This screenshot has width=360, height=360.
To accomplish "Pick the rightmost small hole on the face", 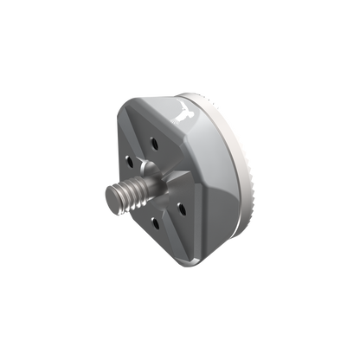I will (183, 205).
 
